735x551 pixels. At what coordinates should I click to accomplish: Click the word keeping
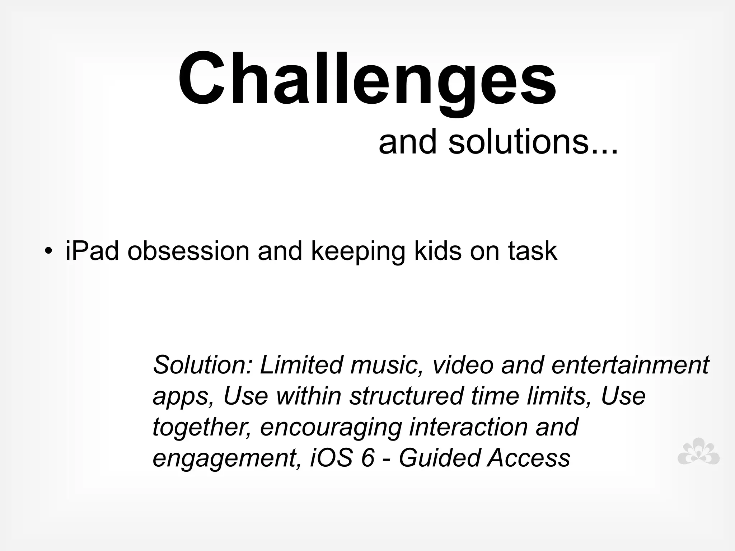coord(358,252)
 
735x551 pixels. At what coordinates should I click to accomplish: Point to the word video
coord(463,364)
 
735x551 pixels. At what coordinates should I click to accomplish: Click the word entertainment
coord(630,364)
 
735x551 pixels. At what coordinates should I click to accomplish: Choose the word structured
coord(406,396)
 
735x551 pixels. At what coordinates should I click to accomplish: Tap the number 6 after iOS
coord(368,458)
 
